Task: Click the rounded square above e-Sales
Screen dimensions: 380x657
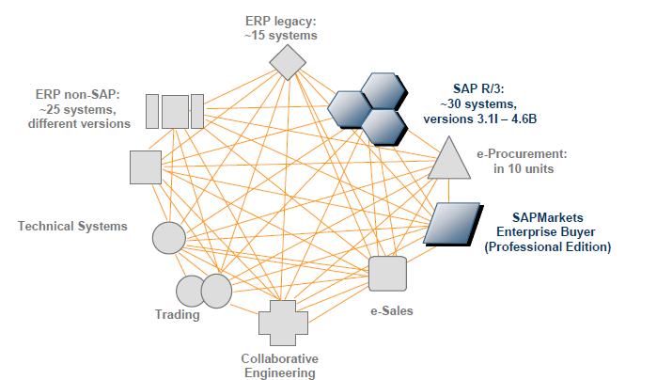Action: (x=387, y=274)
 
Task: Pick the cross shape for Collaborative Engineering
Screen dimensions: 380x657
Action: (x=283, y=324)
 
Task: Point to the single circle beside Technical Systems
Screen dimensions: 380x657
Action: (x=169, y=237)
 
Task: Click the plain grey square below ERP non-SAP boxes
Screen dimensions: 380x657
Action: (x=146, y=166)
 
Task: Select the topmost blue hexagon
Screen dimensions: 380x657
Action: (x=383, y=91)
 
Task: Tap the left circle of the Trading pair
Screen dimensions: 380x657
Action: (x=191, y=292)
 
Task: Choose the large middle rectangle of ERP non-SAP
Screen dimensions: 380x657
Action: (x=175, y=111)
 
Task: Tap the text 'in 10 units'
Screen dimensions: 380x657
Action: (x=522, y=168)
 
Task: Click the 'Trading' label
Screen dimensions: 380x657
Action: (x=177, y=315)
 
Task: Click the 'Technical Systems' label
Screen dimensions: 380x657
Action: (x=71, y=227)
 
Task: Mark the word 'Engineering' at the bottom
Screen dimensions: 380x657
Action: (x=279, y=372)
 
